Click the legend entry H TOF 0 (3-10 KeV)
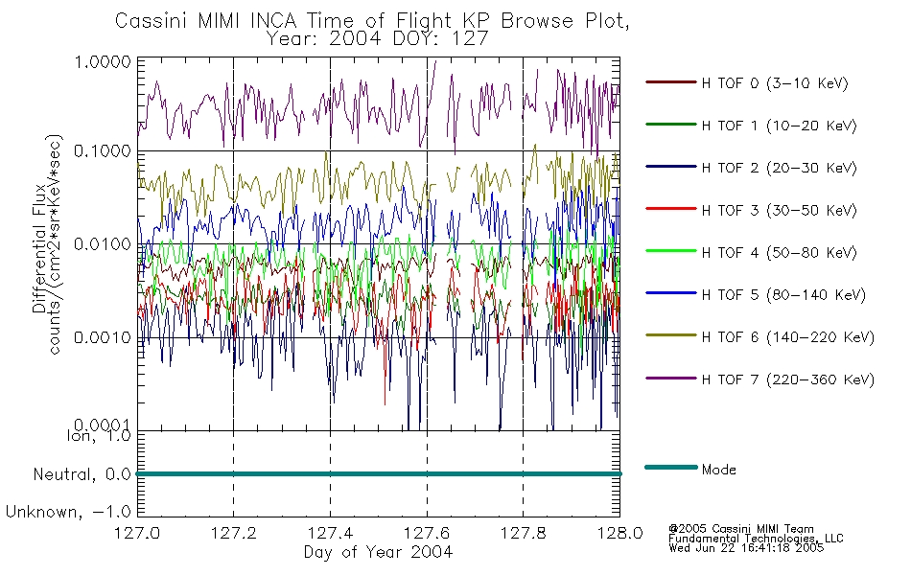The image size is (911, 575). point(775,83)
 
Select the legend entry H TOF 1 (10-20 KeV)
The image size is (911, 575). point(779,126)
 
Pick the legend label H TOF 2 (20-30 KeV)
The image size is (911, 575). point(779,168)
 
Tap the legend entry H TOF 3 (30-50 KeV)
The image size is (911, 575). point(779,210)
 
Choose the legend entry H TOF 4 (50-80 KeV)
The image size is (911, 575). point(779,253)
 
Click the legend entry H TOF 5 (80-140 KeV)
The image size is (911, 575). point(783,295)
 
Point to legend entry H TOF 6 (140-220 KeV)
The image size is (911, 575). point(787,337)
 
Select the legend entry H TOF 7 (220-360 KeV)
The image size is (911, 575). point(787,379)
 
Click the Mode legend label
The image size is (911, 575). point(718,470)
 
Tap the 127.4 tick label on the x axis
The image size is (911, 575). point(330,533)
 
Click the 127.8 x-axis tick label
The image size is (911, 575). point(523,533)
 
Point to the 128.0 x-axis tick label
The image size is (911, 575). point(619,533)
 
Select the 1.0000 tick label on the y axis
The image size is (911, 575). point(103,61)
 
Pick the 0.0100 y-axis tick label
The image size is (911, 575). point(103,244)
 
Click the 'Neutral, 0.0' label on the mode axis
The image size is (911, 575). point(82,475)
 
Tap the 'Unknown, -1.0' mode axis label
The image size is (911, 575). point(68,513)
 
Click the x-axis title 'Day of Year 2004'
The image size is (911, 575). point(378,552)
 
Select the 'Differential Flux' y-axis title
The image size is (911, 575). point(39,248)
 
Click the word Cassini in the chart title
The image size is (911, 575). point(152,21)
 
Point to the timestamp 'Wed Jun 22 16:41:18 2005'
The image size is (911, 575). point(746,548)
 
